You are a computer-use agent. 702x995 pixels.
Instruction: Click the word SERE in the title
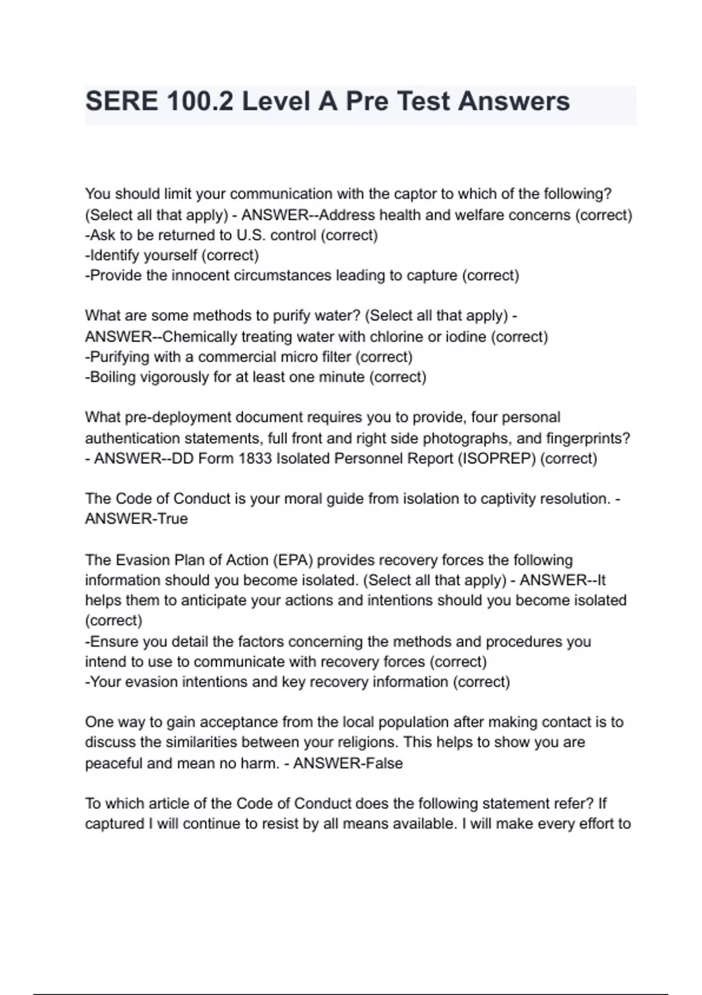[x=121, y=101]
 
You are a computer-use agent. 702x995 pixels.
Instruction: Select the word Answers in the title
[x=514, y=101]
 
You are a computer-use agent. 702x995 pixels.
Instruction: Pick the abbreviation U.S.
[x=252, y=235]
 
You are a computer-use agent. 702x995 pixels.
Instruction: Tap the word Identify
[x=114, y=256]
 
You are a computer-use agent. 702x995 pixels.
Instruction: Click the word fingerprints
[x=587, y=438]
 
